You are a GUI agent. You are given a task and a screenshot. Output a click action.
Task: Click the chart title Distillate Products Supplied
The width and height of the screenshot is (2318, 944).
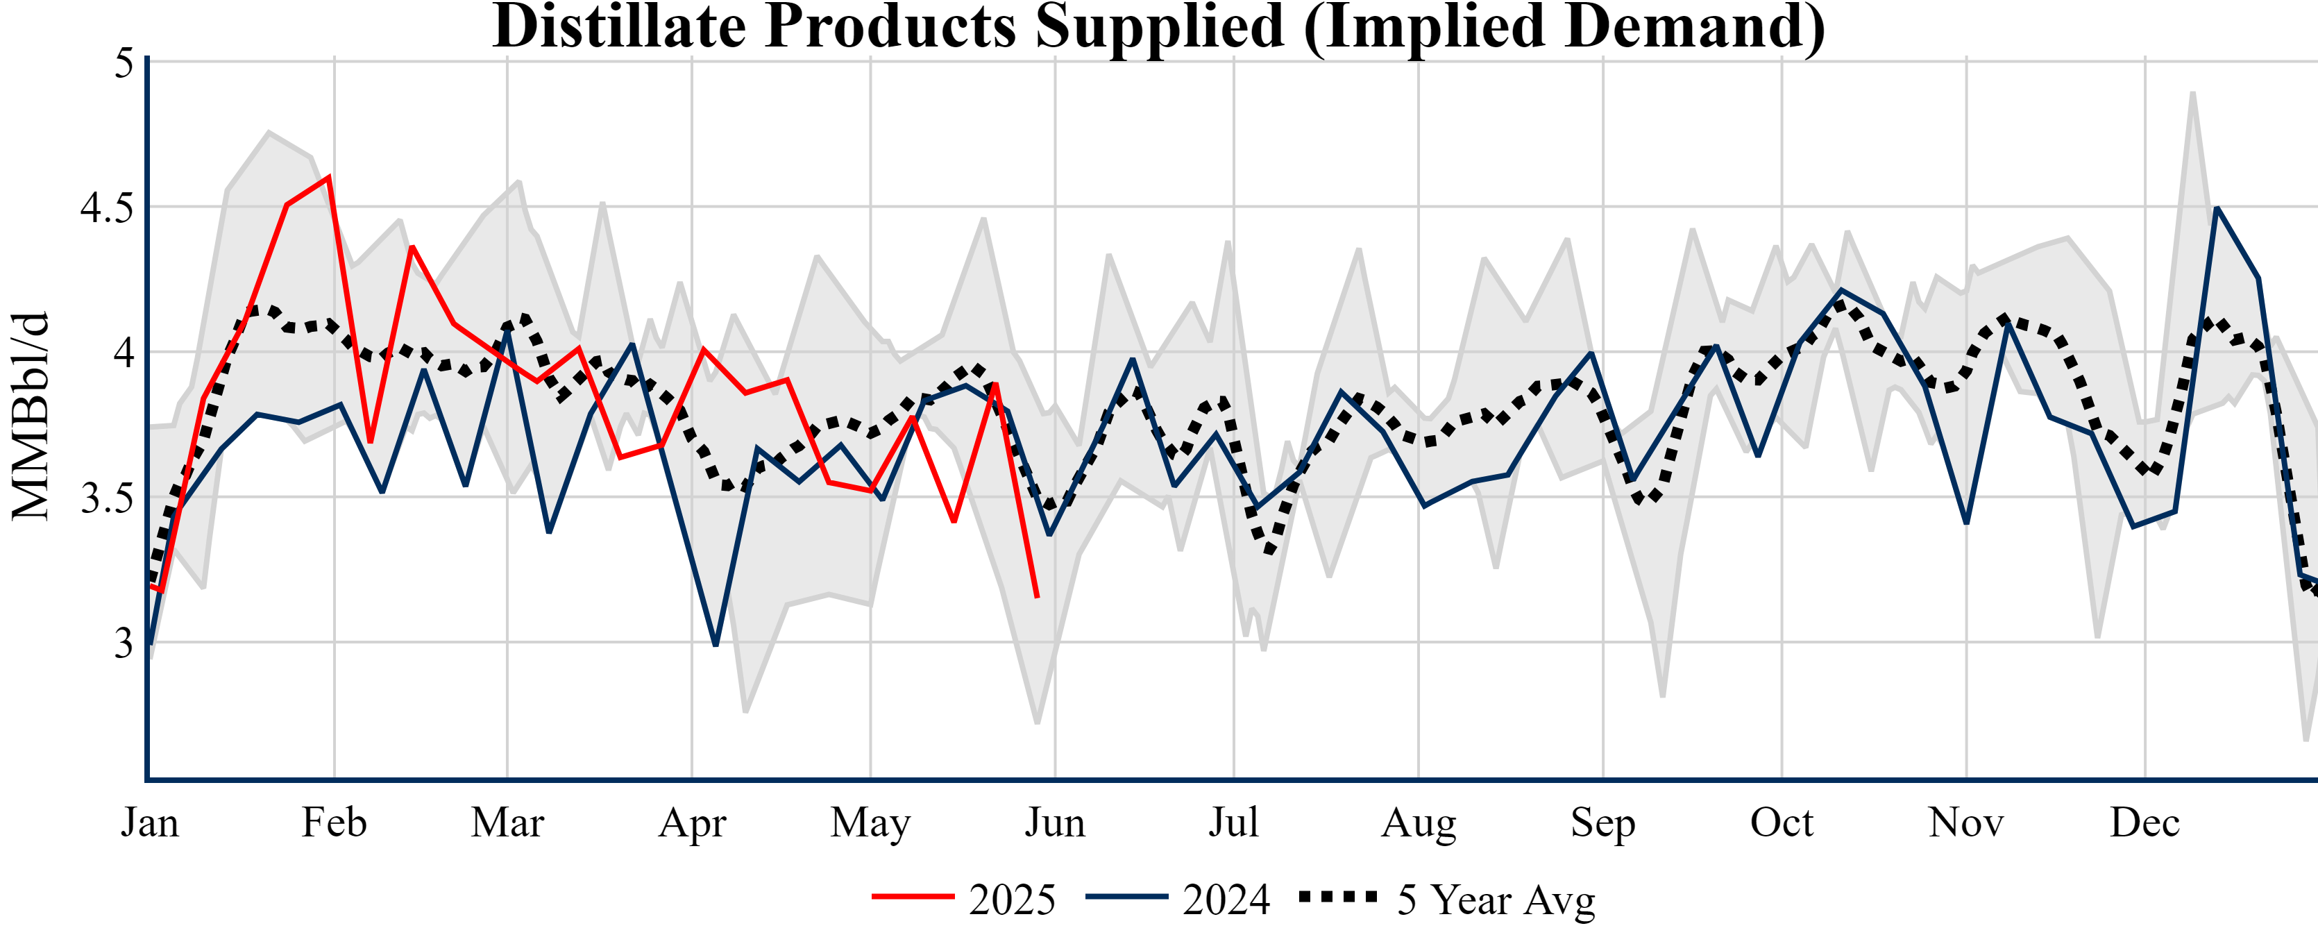point(1159,27)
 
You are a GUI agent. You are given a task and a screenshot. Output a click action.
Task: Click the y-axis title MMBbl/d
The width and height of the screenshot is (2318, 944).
point(31,416)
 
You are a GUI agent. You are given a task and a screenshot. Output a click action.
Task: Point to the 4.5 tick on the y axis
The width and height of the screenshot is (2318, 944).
point(106,208)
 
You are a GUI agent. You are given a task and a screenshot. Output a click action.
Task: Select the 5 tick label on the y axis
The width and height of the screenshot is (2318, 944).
point(124,63)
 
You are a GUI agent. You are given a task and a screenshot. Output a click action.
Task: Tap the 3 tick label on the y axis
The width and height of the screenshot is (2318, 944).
point(124,643)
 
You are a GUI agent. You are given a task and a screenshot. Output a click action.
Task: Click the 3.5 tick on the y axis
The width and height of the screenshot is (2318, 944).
point(106,498)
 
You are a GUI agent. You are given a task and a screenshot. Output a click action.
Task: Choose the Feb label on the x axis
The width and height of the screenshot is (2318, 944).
point(334,823)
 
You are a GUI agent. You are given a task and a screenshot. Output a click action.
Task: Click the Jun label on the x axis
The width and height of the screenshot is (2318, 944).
point(1055,823)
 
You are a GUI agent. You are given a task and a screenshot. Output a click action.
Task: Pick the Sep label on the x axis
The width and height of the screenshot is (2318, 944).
point(1602,823)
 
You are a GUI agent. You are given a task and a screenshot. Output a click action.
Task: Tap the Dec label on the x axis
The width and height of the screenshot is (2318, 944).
point(2145,823)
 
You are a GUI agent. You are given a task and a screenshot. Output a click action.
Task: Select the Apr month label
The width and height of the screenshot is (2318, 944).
point(692,823)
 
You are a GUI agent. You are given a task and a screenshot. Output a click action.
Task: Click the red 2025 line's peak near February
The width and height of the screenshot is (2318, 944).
point(330,176)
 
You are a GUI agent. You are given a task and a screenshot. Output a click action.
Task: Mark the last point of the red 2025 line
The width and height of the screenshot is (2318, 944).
point(1038,597)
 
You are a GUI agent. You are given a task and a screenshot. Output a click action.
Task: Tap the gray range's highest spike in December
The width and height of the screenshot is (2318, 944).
point(2193,93)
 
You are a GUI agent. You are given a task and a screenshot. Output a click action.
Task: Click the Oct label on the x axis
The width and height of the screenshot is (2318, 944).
point(1782,823)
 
